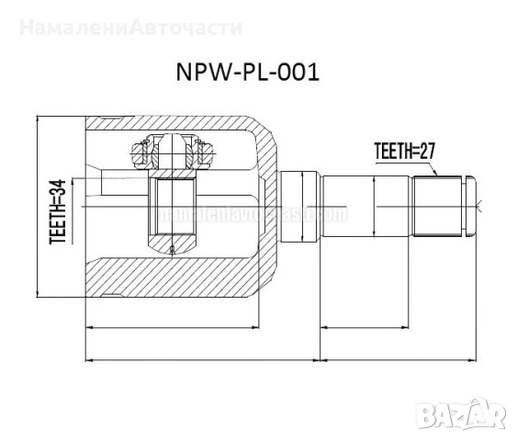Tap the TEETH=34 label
(57, 212)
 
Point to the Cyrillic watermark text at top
(130, 27)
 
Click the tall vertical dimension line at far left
(37, 208)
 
